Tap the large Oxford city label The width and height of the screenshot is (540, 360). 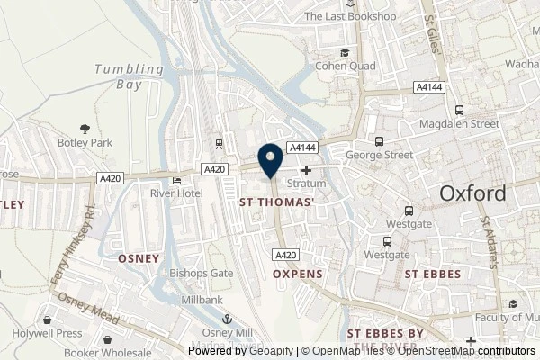pyautogui.click(x=472, y=193)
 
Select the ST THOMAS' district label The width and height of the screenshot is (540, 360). pyautogui.click(x=276, y=203)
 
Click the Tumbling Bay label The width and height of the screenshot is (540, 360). pyautogui.click(x=130, y=76)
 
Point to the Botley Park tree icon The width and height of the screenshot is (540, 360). pyautogui.click(x=85, y=130)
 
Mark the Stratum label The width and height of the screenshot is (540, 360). pyautogui.click(x=306, y=184)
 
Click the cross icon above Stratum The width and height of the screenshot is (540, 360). pyautogui.click(x=307, y=170)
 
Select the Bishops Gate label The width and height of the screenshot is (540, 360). pyautogui.click(x=195, y=270)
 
